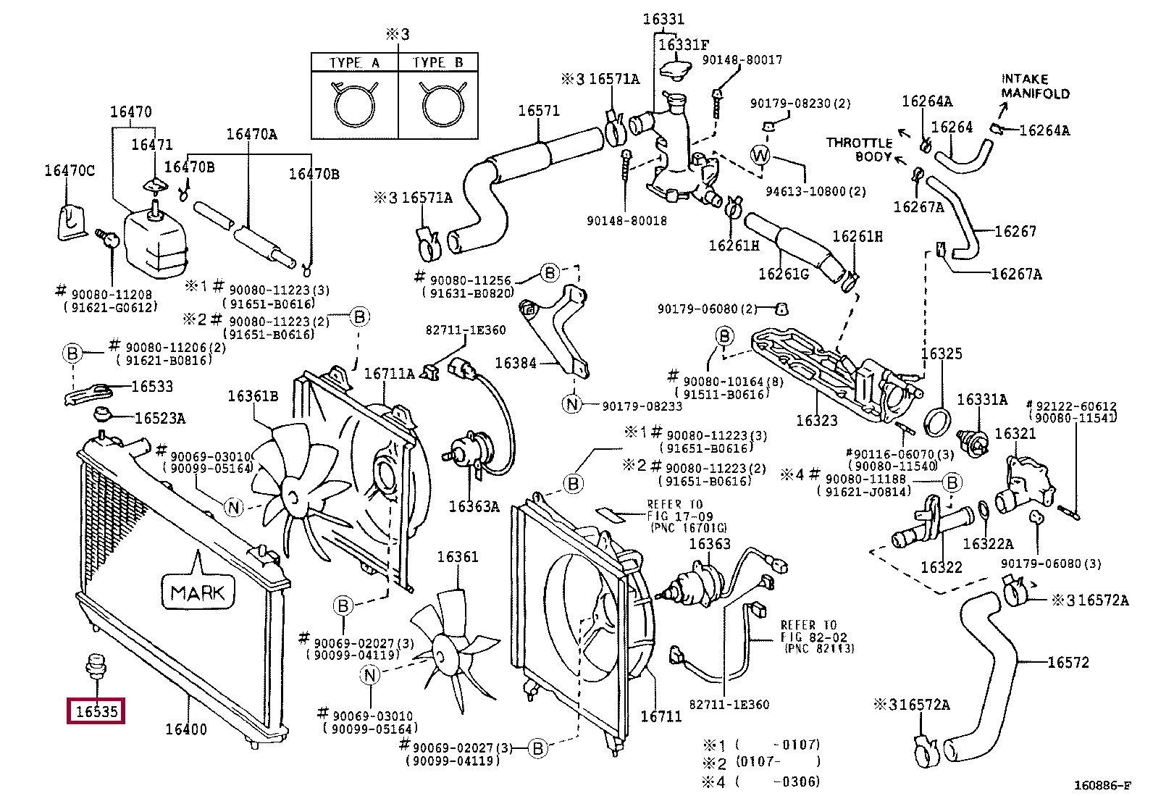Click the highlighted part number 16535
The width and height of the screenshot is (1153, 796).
click(x=96, y=711)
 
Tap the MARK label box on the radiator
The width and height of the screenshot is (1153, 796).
click(x=198, y=592)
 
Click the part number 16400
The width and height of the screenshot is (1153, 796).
click(x=186, y=729)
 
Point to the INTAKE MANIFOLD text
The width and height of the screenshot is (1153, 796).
click(x=1035, y=86)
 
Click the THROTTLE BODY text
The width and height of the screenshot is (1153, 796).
click(x=859, y=149)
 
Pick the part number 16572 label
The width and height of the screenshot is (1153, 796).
click(x=1068, y=662)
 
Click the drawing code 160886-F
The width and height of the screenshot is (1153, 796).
click(x=1102, y=785)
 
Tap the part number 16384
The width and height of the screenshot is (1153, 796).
click(x=515, y=363)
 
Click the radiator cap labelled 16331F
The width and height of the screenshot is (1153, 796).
click(x=679, y=67)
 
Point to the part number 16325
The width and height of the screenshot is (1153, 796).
click(x=942, y=353)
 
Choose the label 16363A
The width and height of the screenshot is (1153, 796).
click(x=474, y=506)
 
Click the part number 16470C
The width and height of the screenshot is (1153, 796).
click(x=70, y=171)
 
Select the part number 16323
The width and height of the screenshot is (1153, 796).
click(x=816, y=420)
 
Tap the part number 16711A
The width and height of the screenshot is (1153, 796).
click(x=389, y=374)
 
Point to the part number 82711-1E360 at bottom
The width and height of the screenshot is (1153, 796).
click(x=729, y=704)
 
